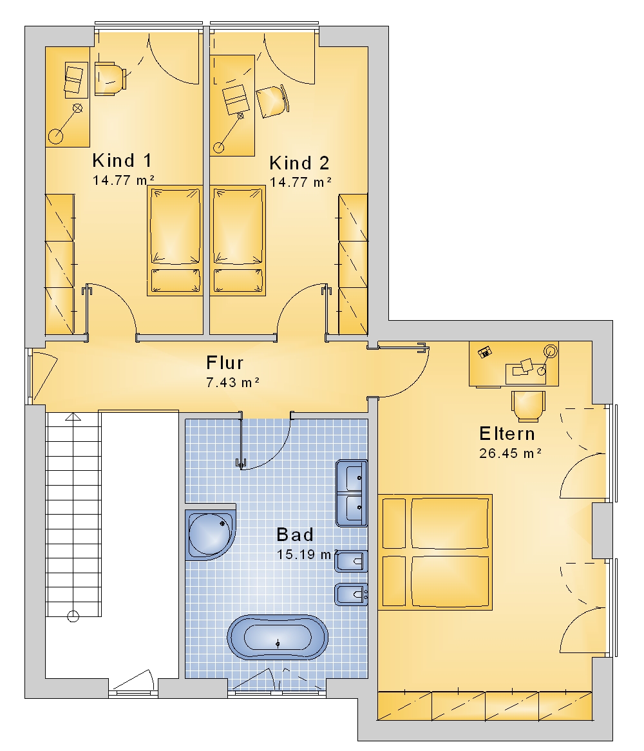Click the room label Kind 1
pyautogui.click(x=122, y=160)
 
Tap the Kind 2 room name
pyautogui.click(x=299, y=164)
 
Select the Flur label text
pyautogui.click(x=225, y=363)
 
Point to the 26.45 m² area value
pyautogui.click(x=510, y=453)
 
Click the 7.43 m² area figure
pyautogui.click(x=232, y=382)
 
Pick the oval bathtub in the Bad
pyautogui.click(x=278, y=638)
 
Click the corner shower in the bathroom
pyautogui.click(x=211, y=531)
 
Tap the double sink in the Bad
pyautogui.click(x=352, y=493)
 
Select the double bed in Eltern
pyautogui.click(x=435, y=552)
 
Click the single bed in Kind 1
pyautogui.click(x=175, y=240)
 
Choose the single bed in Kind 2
pyautogui.click(x=238, y=240)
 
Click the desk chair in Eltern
pyautogui.click(x=528, y=406)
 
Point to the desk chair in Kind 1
pyautogui.click(x=110, y=79)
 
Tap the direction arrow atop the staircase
pyautogui.click(x=73, y=417)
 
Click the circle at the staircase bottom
pyautogui.click(x=73, y=616)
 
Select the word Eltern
pyautogui.click(x=507, y=433)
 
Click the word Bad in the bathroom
pyautogui.click(x=295, y=535)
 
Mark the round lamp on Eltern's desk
pyautogui.click(x=551, y=351)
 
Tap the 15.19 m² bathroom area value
pyautogui.click(x=307, y=555)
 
